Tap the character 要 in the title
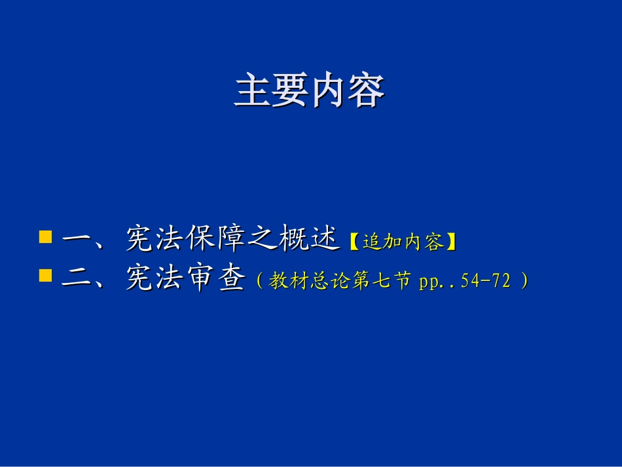[290, 91]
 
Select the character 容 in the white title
[365, 91]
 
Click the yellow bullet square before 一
[45, 236]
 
